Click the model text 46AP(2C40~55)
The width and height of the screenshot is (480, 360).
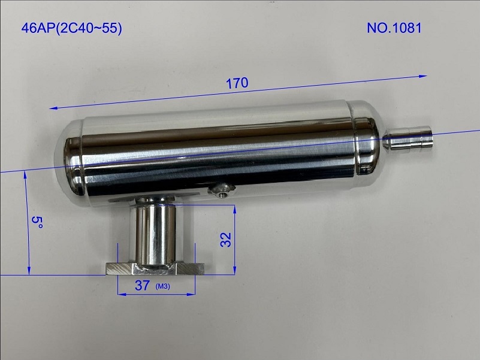(71, 28)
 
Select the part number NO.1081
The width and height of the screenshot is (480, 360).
(396, 28)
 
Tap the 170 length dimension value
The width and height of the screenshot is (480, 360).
(237, 84)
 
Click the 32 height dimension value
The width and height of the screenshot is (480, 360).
(226, 240)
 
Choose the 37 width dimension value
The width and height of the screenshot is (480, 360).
(142, 286)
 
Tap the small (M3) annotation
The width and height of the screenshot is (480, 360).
(163, 287)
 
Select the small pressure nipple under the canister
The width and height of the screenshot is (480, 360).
(222, 190)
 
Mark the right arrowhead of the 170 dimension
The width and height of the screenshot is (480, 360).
(425, 76)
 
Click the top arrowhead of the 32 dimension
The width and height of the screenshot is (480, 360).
(234, 206)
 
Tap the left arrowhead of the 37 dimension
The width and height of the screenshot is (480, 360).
(120, 295)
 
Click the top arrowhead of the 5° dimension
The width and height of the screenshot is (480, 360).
(25, 174)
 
